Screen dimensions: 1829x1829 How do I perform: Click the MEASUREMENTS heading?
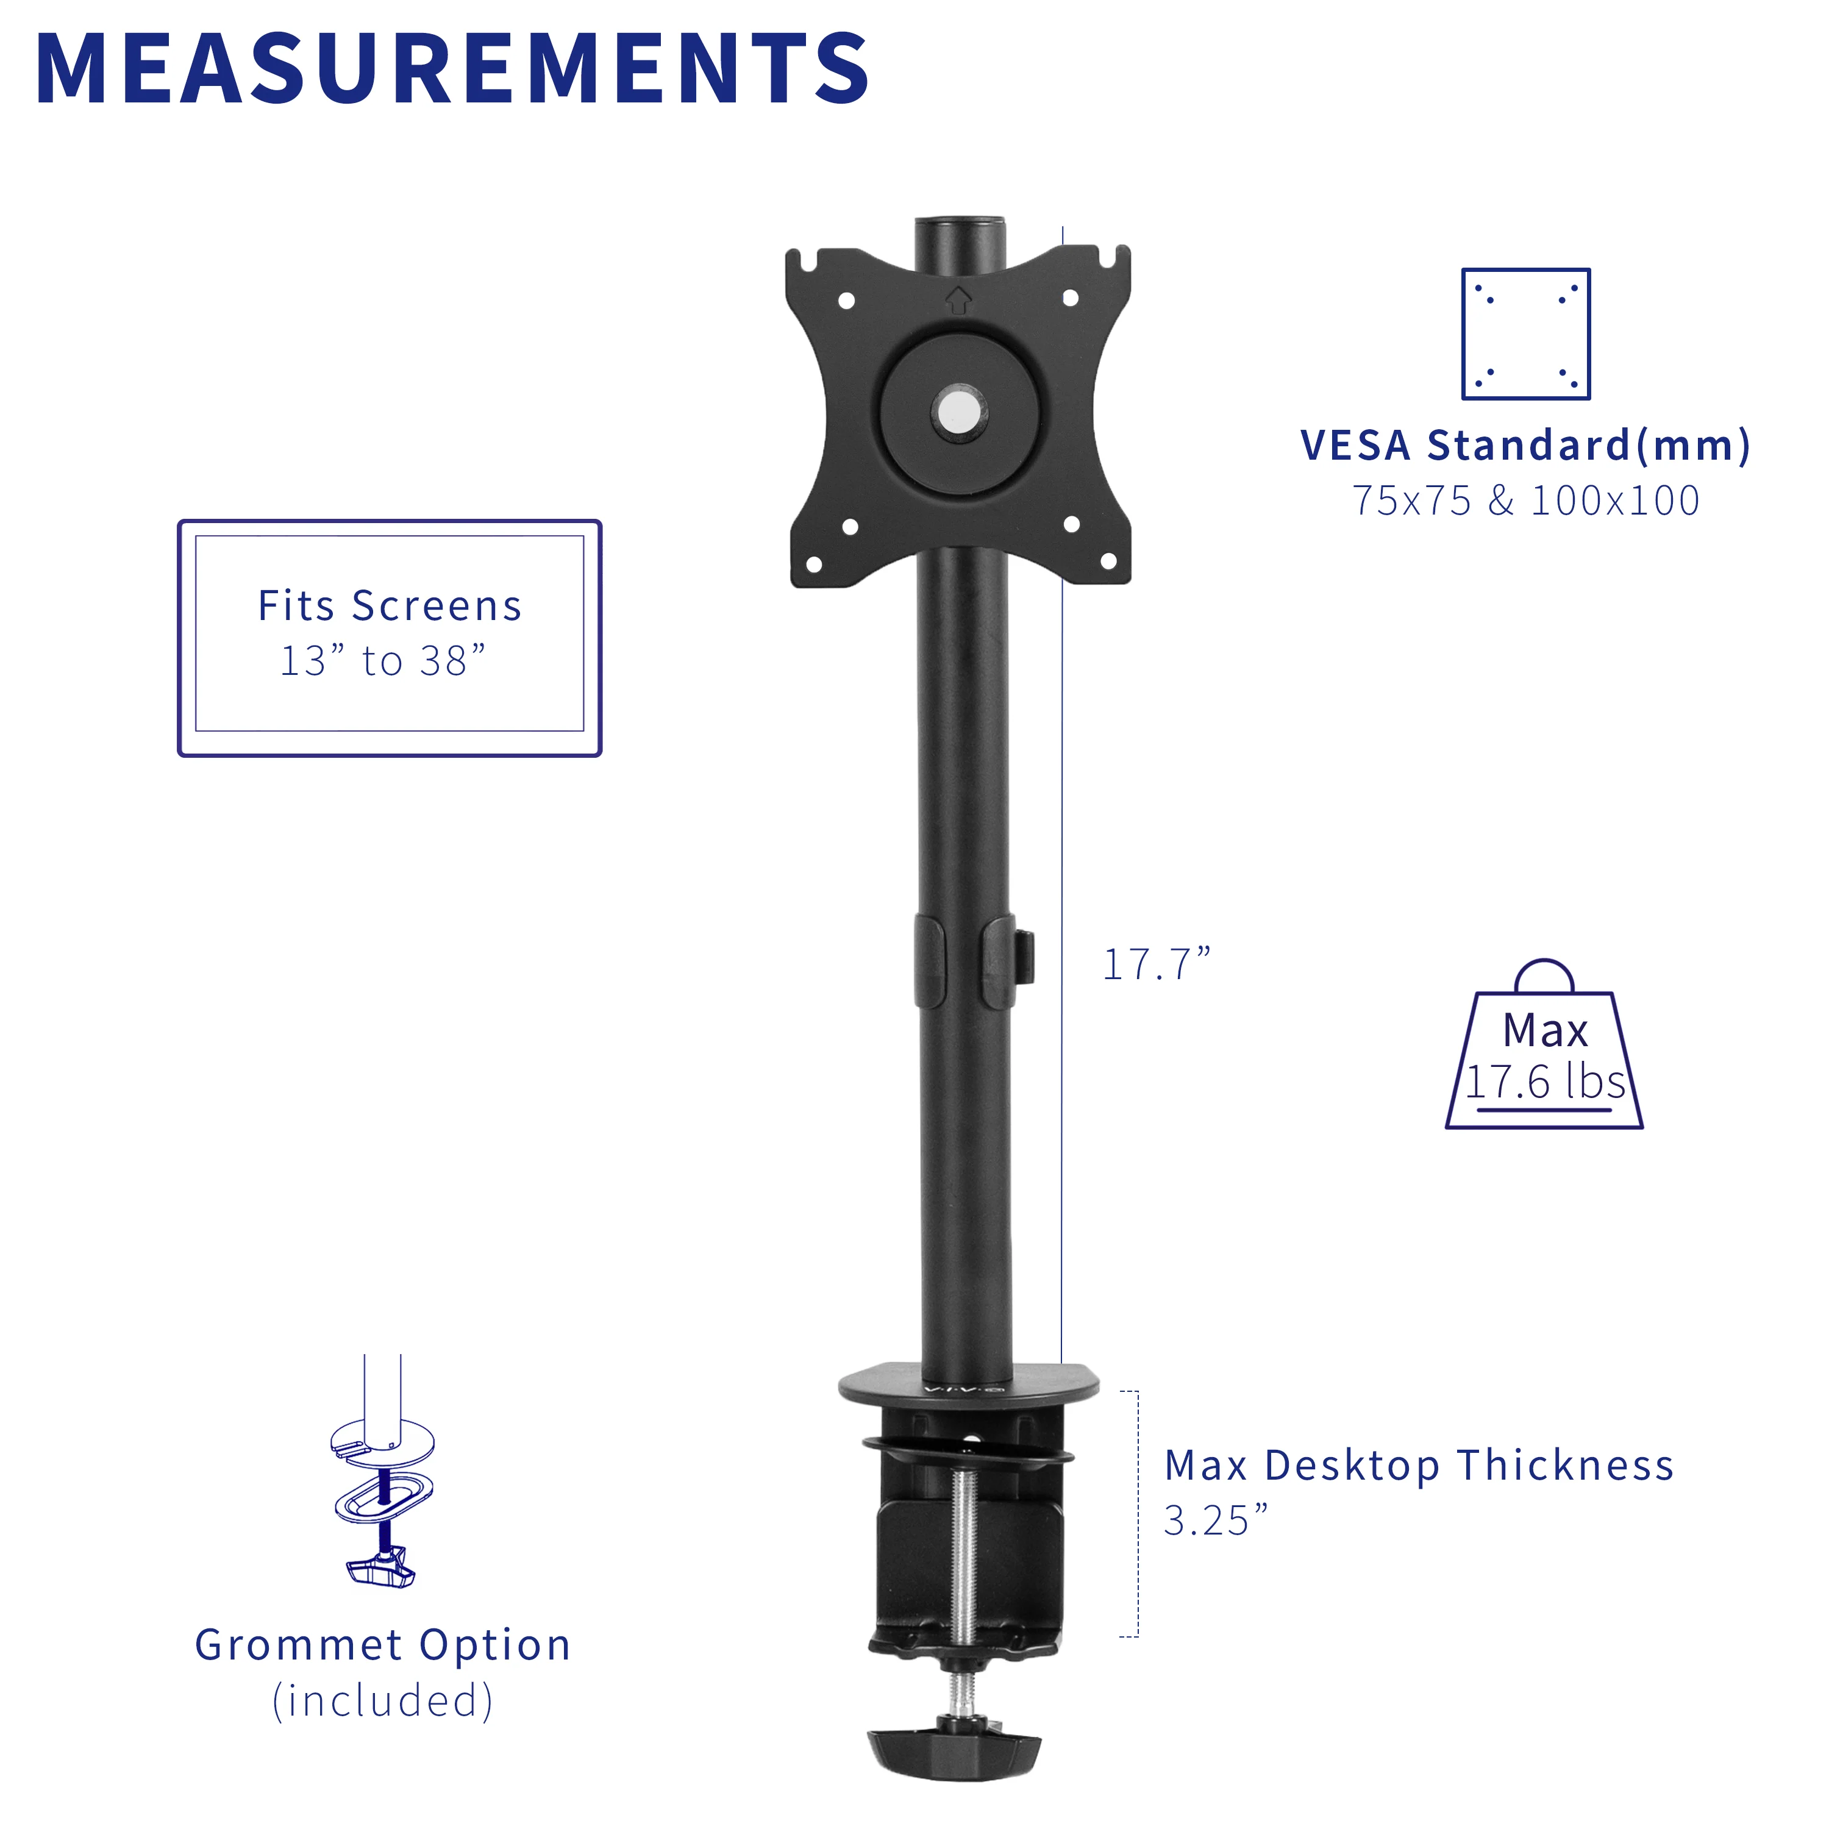point(452,69)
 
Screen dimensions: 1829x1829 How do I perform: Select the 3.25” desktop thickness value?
point(1214,1521)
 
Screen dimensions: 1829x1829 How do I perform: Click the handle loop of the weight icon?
point(1544,975)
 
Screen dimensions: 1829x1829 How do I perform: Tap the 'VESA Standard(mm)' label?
point(1524,445)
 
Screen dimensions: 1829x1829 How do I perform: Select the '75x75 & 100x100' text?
point(1524,501)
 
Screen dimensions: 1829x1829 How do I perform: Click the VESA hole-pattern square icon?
point(1525,334)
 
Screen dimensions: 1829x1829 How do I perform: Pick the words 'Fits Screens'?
point(389,606)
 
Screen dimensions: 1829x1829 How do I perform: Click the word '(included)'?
point(382,1700)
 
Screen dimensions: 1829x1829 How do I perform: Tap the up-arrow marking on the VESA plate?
point(958,300)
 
